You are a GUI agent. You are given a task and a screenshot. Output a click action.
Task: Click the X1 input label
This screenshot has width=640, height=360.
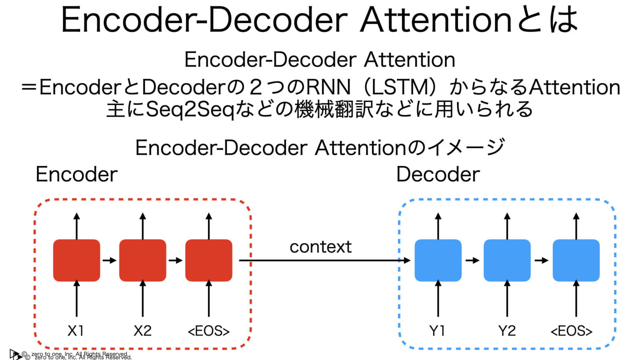point(76,331)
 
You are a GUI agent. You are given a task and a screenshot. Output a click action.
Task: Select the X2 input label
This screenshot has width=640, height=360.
point(142,331)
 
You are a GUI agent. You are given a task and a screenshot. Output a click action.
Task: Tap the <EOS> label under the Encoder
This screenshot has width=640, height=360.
point(209,331)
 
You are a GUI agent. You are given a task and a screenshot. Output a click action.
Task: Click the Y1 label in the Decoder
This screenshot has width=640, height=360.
point(437,331)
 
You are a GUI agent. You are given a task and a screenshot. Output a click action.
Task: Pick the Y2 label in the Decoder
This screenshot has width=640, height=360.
point(507,331)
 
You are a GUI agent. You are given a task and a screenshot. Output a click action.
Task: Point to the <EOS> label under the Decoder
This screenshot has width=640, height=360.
point(572,331)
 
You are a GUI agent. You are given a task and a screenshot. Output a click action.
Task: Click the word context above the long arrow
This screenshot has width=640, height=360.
point(320,247)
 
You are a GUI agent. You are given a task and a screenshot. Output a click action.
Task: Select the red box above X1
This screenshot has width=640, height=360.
point(77,260)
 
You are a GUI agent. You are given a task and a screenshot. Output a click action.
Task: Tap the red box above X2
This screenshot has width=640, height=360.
point(142,260)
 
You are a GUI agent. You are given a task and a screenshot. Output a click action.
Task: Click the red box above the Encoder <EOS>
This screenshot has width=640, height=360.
point(209,260)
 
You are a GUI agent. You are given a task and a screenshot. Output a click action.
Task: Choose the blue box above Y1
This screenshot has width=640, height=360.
point(438,260)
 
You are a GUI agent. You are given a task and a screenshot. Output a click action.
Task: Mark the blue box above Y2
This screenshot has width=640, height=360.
point(507,260)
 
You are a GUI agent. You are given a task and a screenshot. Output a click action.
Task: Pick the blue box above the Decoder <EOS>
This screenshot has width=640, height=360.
point(576,260)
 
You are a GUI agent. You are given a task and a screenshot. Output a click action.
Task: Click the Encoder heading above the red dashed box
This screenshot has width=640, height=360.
point(77,174)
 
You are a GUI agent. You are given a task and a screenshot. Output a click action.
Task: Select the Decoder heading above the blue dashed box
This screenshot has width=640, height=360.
point(438,174)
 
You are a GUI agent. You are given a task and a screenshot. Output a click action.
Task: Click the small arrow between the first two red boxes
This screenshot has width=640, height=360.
point(110,260)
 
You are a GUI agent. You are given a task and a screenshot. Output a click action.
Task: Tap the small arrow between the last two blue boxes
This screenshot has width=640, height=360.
point(542,260)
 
